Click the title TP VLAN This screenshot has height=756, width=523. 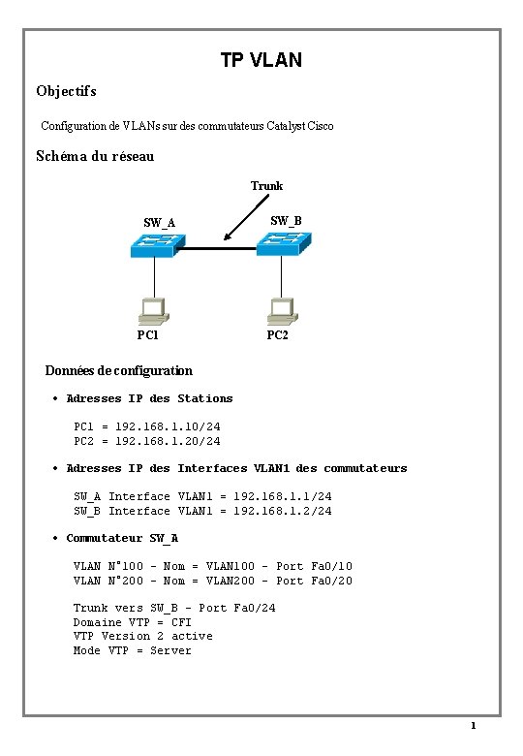coord(261,61)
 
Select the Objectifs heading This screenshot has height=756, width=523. coord(66,92)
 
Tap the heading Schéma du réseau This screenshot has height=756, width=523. coord(95,155)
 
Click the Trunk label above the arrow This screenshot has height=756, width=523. coord(266,185)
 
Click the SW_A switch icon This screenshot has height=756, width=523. coord(153,248)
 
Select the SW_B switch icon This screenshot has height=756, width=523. coord(284,247)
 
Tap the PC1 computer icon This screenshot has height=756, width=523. coord(153,309)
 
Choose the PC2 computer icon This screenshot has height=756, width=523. coord(282,309)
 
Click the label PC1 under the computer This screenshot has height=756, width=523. coord(148,336)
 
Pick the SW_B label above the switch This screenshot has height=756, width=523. coord(286,221)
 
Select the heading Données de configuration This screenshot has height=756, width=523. coord(119,370)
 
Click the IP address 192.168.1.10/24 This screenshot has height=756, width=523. coord(168,426)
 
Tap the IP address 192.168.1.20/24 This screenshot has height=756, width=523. coord(168,441)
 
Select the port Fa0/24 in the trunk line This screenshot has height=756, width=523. coord(255,608)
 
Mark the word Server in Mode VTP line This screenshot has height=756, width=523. coord(170,650)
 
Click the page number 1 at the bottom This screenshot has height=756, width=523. coord(473,726)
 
